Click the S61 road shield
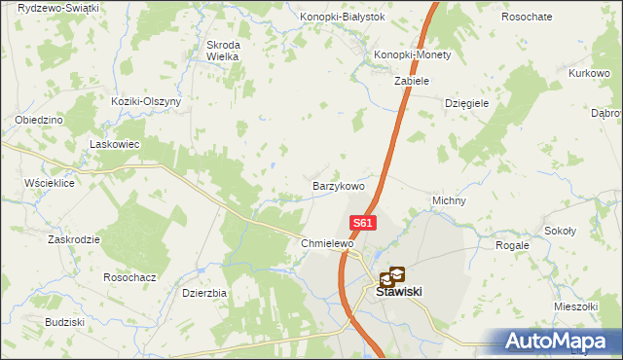click(362, 223)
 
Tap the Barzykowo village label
click(338, 185)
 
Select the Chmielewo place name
click(326, 243)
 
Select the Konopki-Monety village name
click(414, 55)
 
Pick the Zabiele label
click(412, 81)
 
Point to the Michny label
click(449, 201)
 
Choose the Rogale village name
click(512, 245)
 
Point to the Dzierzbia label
click(204, 292)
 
